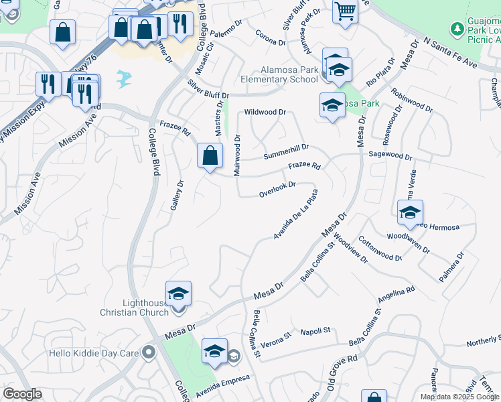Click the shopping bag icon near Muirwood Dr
pos(210,155)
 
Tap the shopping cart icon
pos(345,11)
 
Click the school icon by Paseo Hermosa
pos(410,212)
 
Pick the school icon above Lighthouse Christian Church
pos(178,293)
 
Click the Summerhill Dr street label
pos(286,151)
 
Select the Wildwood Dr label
pos(265,113)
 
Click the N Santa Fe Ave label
pos(449,54)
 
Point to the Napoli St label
pos(315,331)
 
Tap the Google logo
pos(22,394)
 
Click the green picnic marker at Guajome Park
pos(457,29)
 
